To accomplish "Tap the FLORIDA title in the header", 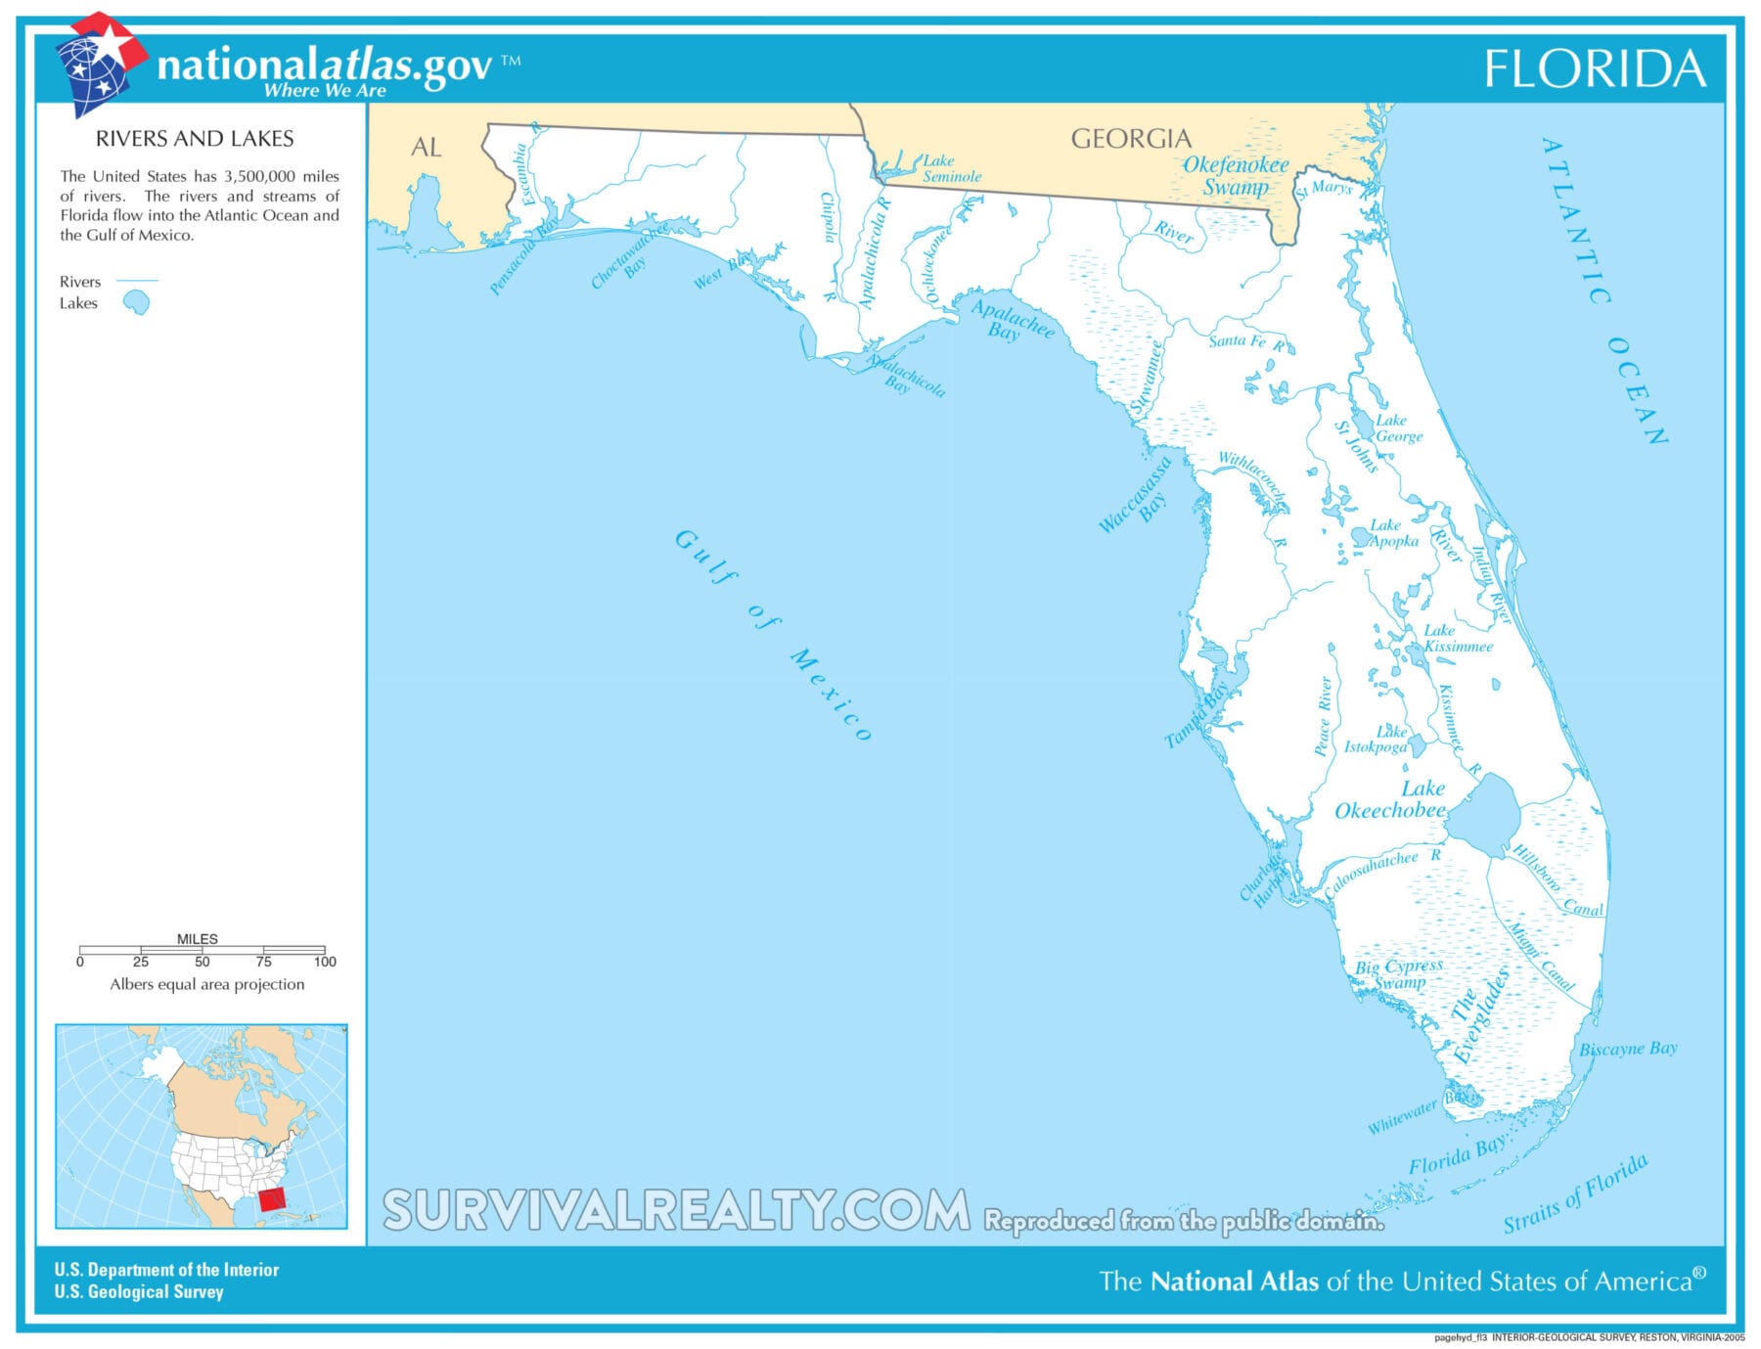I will pos(1595,69).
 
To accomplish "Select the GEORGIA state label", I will pos(1131,139).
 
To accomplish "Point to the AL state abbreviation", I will pos(426,148).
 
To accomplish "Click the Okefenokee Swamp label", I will pos(1236,176).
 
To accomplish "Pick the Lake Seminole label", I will pos(950,168).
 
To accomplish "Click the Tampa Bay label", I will pos(1197,716).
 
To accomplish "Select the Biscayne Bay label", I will pos(1628,1049).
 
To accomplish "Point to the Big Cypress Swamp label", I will pos(1398,973).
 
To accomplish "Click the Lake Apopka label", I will pos(1392,533).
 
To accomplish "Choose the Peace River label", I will pos(1324,716).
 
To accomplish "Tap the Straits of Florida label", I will pos(1575,1193).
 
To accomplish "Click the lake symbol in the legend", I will pos(137,303).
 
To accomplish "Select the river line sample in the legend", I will pos(137,281).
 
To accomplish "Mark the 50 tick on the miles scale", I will pos(202,950).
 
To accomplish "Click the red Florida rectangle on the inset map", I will pos(272,1198).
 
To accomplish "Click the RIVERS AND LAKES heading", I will pos(195,139).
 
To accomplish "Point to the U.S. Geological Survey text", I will pos(139,1292).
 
